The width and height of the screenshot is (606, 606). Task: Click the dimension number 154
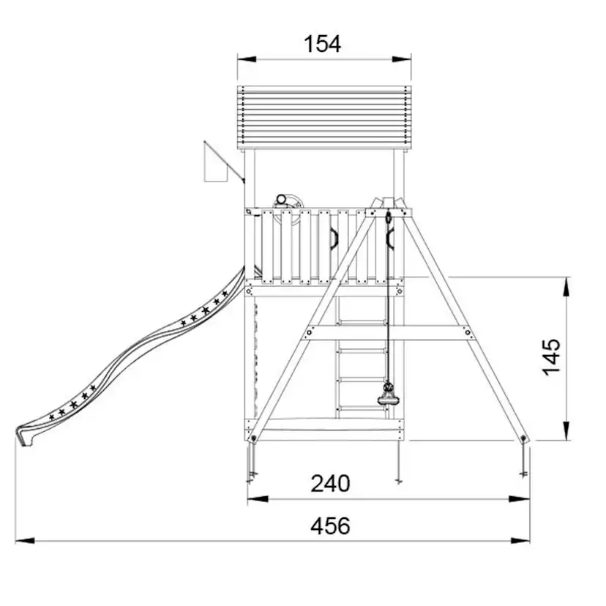[x=322, y=44]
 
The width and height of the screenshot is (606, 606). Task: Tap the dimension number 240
[x=330, y=483]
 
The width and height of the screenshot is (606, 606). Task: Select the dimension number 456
[x=330, y=525]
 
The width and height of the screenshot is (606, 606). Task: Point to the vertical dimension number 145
[x=552, y=357]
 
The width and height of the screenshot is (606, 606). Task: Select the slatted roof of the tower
[x=324, y=118]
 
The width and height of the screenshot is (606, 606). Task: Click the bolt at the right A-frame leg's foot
[x=523, y=438]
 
